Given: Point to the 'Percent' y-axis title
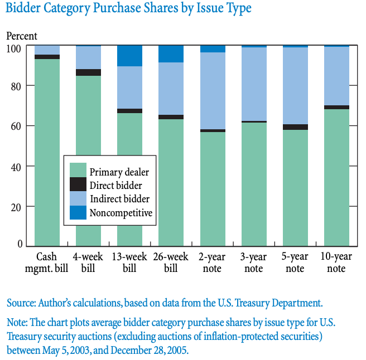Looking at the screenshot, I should (x=21, y=36).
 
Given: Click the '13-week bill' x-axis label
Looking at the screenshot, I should (x=129, y=262).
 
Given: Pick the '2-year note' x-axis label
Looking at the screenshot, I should (x=212, y=262).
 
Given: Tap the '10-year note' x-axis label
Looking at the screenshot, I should (x=336, y=262).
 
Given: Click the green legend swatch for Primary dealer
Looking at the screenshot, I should (x=78, y=169).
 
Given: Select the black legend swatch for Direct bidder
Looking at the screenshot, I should (x=78, y=184).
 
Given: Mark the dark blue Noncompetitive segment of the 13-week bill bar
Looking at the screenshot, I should (x=129, y=56).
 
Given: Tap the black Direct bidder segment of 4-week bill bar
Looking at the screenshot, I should (x=88, y=72).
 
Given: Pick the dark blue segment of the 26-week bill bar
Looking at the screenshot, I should (x=171, y=53).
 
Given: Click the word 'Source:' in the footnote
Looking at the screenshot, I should (x=21, y=303).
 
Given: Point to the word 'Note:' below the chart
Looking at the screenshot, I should (x=17, y=323).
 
